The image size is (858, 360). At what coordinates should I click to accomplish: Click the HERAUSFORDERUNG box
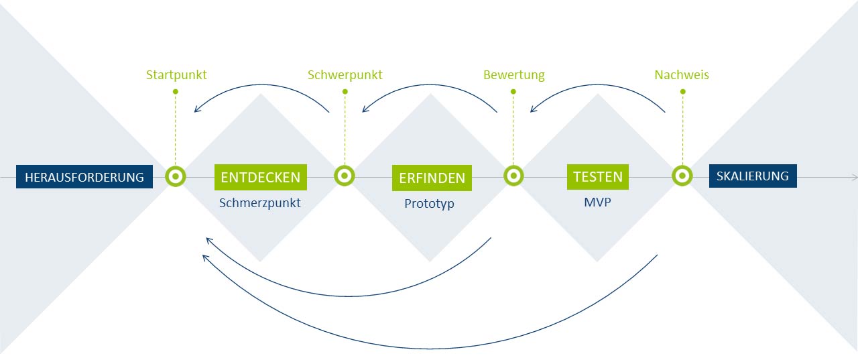click(x=84, y=177)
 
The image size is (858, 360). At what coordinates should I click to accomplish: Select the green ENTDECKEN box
click(x=261, y=177)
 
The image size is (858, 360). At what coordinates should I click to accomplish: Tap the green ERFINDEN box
click(x=432, y=178)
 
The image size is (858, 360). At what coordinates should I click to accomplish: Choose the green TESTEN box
click(x=598, y=177)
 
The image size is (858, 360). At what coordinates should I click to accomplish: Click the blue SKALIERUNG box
click(x=753, y=176)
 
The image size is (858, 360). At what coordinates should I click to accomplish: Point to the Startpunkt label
click(x=176, y=75)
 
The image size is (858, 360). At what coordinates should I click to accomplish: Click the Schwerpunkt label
click(x=345, y=75)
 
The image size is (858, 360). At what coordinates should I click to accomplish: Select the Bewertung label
click(x=514, y=75)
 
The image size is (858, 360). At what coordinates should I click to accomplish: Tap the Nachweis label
click(x=682, y=75)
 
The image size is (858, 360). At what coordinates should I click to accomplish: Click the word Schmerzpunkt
click(x=260, y=202)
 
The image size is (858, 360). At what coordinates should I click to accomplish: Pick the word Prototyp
click(x=429, y=202)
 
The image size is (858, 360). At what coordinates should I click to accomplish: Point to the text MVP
click(x=597, y=201)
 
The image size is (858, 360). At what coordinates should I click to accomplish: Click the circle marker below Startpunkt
click(x=176, y=176)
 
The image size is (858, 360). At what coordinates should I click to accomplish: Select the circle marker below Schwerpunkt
click(x=345, y=176)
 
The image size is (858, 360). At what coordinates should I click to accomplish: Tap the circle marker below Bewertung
click(x=513, y=176)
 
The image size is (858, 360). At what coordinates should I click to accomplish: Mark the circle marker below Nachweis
click(x=682, y=176)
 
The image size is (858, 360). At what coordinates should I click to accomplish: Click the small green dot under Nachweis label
click(x=682, y=91)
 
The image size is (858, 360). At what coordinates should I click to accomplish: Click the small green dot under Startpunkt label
click(x=176, y=91)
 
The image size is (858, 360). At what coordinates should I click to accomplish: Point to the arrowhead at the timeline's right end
click(x=854, y=177)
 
